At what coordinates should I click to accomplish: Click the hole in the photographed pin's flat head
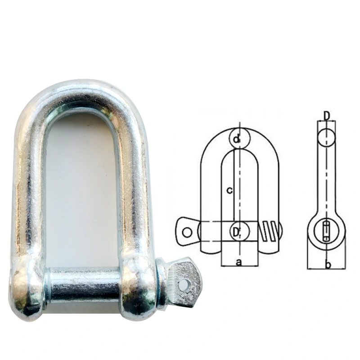[x=184, y=284]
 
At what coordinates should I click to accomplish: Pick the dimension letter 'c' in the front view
[x=229, y=190]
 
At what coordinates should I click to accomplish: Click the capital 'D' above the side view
[x=327, y=116]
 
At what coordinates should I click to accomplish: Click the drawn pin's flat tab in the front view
[x=187, y=231]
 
